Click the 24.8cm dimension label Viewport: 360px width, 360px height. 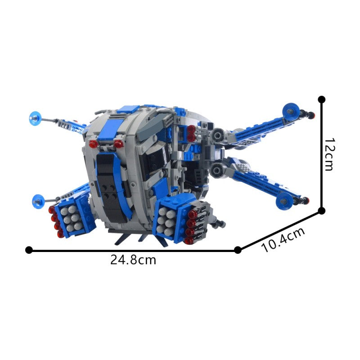pyautogui.click(x=133, y=260)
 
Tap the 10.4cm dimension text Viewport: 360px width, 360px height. pyautogui.click(x=283, y=239)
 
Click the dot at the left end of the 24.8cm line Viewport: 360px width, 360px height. pyautogui.click(x=29, y=250)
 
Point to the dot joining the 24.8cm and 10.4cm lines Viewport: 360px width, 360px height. pyautogui.click(x=238, y=250)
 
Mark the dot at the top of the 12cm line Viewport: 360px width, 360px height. pyautogui.click(x=321, y=99)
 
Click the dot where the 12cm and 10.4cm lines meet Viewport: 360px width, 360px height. pyautogui.click(x=321, y=210)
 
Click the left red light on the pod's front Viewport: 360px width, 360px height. pyautogui.click(x=94, y=144)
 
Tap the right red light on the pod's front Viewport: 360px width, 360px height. pyautogui.click(x=118, y=144)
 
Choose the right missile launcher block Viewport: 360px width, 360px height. pyautogui.click(x=177, y=218)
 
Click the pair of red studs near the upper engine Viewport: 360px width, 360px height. pyautogui.click(x=191, y=131)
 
